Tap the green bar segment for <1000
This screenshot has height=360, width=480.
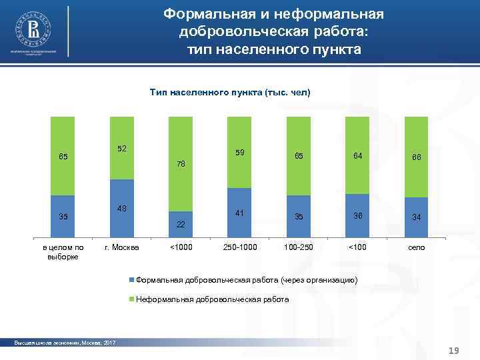(x=180, y=164)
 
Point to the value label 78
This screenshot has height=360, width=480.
(x=181, y=164)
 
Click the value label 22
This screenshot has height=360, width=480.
(x=181, y=225)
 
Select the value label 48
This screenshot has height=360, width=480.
(x=121, y=209)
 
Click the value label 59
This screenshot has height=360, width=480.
(x=239, y=153)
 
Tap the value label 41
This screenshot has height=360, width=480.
(x=239, y=213)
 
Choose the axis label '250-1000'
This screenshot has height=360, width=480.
(x=239, y=248)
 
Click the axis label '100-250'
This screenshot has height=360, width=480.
(x=298, y=248)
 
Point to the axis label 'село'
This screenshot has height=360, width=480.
(x=416, y=248)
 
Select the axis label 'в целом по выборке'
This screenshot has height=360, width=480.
(x=63, y=252)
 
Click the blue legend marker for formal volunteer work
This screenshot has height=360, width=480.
(x=131, y=280)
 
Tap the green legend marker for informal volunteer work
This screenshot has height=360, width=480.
(x=131, y=300)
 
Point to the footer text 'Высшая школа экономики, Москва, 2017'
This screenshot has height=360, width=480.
(x=65, y=343)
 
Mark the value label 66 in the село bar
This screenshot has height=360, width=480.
(x=416, y=157)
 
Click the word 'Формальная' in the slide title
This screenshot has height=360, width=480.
(x=201, y=14)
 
